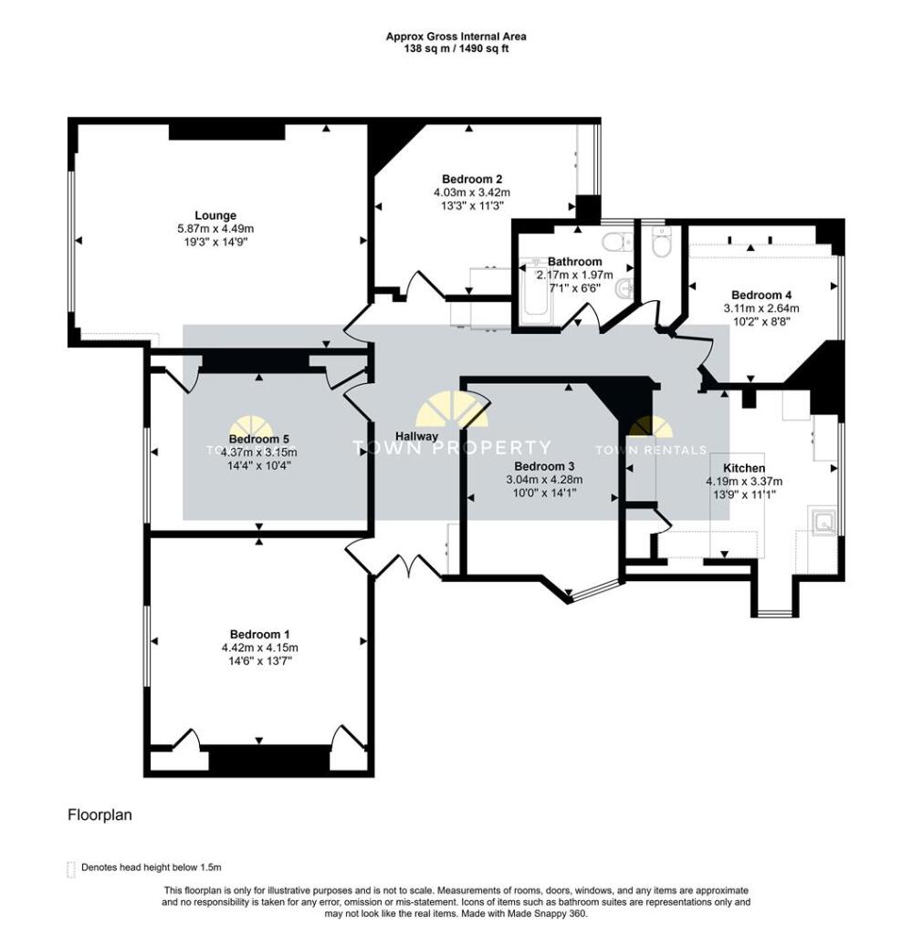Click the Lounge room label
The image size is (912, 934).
pos(220,215)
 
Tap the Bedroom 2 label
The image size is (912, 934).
pos(471,179)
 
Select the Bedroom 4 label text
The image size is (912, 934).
pos(760,295)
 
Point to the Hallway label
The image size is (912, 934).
pos(416,436)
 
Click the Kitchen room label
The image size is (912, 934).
pos(744,468)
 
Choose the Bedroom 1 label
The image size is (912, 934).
pos(259,634)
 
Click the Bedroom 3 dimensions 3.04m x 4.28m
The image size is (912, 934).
pos(544,480)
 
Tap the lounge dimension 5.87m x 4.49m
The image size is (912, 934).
pos(220,229)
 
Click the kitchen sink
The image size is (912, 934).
pos(823,523)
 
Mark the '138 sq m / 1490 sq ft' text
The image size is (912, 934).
pos(456,49)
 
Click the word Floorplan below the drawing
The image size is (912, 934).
pos(100,815)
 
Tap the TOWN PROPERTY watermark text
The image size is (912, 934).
pos(452,448)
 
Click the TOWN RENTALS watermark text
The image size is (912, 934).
pos(650,449)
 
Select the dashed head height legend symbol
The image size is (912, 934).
pos(71,868)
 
